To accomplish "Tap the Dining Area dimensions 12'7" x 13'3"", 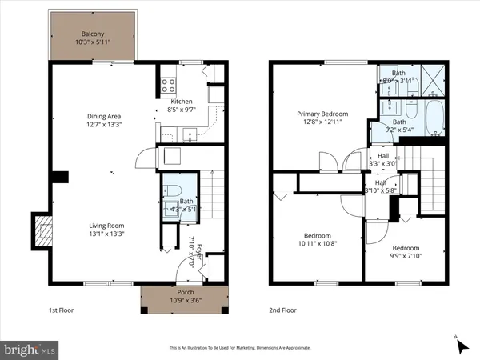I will click(105, 125).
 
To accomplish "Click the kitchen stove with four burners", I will click(169, 82).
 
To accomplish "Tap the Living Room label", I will click(106, 226).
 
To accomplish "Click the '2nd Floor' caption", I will click(282, 310).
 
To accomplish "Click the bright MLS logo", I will click(30, 350).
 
